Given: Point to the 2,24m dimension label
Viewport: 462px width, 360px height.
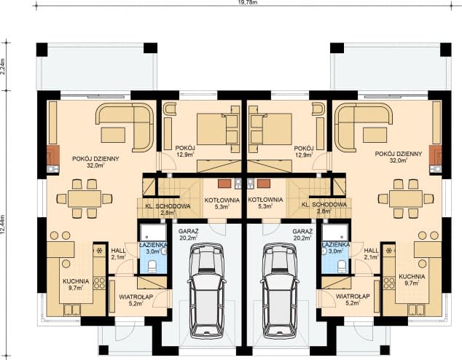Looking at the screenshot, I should point(4,67).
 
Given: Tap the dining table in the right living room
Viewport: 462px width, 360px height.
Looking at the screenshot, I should point(405,198).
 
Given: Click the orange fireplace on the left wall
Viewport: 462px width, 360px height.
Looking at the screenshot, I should point(52,155).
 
